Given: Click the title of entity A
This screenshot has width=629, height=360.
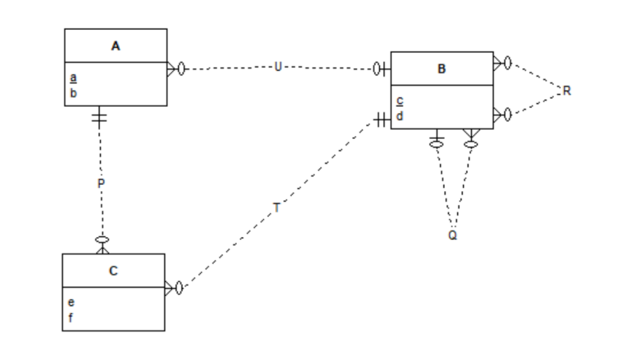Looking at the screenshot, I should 115,46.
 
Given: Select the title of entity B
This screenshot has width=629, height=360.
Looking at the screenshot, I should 442,69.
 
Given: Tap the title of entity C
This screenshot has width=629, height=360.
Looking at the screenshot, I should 113,270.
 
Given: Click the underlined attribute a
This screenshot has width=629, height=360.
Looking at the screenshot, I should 73,78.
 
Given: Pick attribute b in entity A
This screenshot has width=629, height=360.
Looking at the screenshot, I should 73,92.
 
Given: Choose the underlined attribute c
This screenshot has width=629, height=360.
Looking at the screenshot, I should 400,101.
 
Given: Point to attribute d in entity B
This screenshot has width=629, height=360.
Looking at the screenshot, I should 400,116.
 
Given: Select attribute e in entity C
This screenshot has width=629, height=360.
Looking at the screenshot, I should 71,303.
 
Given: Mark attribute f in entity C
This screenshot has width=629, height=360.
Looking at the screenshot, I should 71,317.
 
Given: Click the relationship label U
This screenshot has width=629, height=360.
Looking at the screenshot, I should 277,67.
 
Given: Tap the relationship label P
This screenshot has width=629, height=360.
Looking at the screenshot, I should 100,183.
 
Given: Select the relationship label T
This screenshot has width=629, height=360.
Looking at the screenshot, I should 277,207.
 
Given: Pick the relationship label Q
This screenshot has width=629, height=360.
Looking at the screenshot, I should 452,235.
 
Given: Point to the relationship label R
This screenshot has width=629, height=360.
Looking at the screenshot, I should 566,91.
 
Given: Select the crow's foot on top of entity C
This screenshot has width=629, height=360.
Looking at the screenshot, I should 102,245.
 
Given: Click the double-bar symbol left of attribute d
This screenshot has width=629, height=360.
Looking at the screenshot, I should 382,121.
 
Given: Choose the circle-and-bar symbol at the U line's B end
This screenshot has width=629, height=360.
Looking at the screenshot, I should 381,70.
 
